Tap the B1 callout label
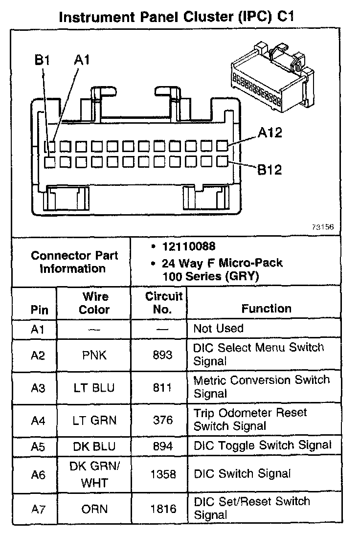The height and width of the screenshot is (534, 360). [43, 61]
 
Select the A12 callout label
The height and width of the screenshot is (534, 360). [270, 133]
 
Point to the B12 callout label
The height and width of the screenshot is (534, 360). [270, 170]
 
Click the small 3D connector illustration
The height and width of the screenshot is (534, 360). [271, 78]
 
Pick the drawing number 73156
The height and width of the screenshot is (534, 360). [323, 227]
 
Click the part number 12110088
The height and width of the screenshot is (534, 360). [189, 246]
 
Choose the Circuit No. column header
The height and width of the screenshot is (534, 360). [163, 303]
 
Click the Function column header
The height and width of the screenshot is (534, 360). [266, 309]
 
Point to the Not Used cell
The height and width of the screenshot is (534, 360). [218, 328]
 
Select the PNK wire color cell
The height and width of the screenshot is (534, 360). [94, 355]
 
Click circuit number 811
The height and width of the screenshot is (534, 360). [163, 388]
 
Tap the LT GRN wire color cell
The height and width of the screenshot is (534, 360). [94, 420]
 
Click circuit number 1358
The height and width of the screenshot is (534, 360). [163, 474]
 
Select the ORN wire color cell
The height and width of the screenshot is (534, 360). [94, 509]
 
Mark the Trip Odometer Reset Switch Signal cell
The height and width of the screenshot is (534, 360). [250, 420]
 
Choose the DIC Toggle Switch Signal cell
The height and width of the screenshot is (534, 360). [263, 445]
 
